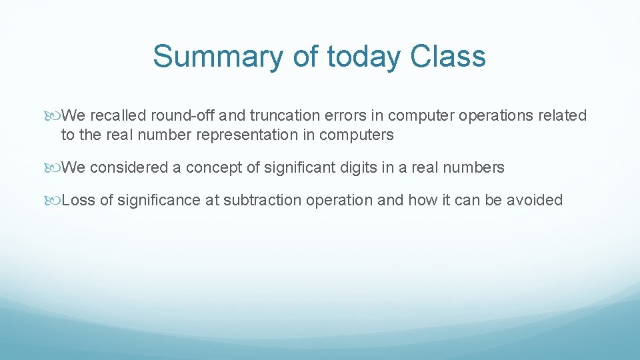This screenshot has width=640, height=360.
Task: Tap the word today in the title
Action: click(364, 57)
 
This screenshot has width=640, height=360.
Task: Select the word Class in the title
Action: click(448, 57)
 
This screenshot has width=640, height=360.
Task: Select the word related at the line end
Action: click(563, 115)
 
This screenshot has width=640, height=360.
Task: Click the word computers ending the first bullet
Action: click(357, 135)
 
